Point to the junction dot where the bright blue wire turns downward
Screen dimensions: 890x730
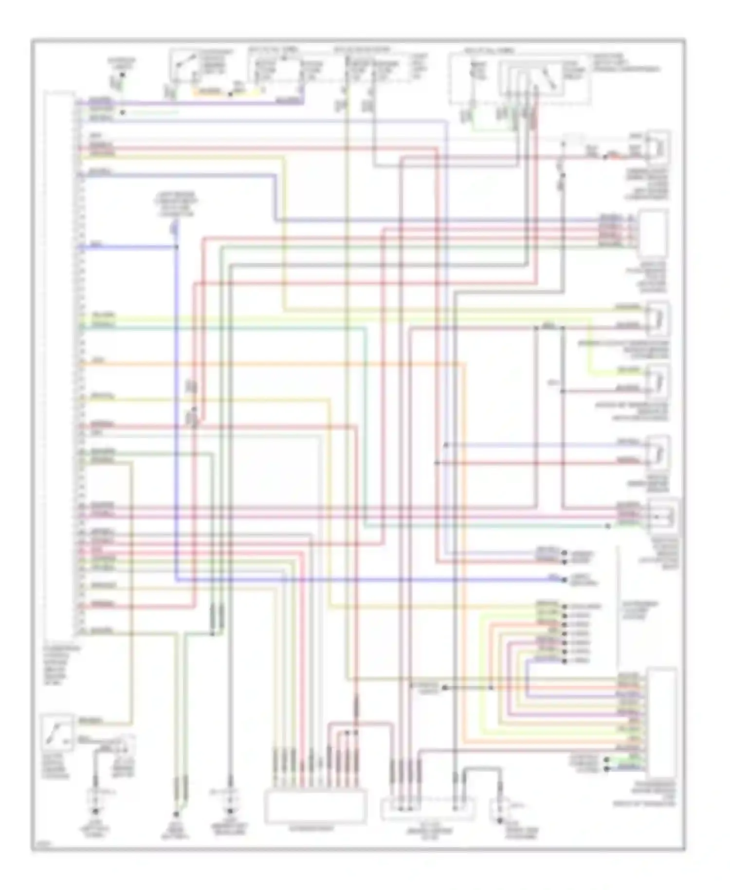(176, 247)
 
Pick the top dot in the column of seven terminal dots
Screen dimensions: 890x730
(565, 607)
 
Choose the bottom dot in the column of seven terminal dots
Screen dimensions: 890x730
(565, 661)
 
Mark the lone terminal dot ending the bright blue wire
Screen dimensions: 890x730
(565, 580)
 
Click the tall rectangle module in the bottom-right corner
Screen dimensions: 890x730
(661, 723)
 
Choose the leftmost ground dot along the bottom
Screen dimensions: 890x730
(95, 812)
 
